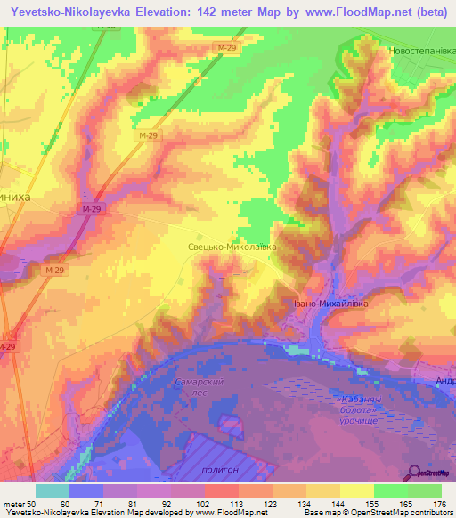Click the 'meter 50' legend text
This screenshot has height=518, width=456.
[x=19, y=503]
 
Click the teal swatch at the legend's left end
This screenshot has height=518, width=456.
[x=52, y=490]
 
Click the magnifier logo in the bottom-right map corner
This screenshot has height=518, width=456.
[x=416, y=472]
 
